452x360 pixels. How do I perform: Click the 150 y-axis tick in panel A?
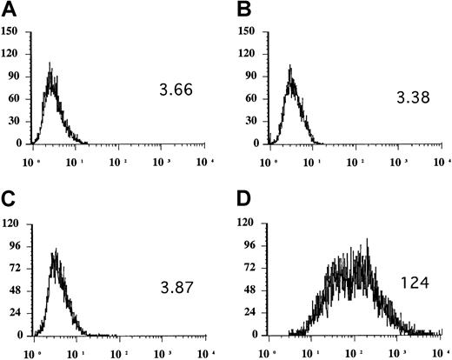[12, 33]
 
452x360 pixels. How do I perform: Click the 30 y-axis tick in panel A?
[15, 122]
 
